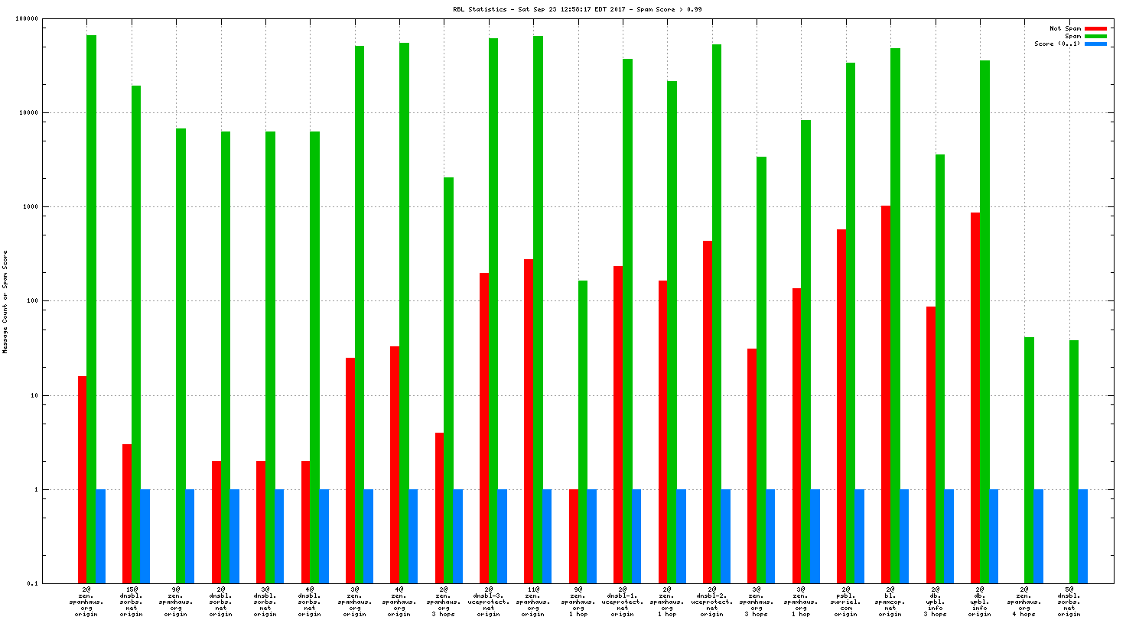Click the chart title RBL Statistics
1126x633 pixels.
[577, 9]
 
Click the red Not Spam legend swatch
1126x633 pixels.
[1095, 28]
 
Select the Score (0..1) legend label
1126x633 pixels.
[1057, 44]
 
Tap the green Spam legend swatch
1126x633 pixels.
[1095, 36]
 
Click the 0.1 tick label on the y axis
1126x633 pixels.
[32, 584]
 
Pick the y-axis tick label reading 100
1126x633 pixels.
[31, 301]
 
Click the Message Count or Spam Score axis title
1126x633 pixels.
[5, 301]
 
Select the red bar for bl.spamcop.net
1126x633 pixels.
[885, 394]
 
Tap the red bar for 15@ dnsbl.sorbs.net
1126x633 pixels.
[126, 513]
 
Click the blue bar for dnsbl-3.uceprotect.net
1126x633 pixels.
[502, 536]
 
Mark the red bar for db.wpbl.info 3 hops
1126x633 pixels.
[930, 444]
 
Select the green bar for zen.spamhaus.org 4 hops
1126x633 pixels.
[1029, 459]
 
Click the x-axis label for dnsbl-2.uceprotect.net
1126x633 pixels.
[711, 602]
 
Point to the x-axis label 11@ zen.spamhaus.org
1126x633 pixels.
[533, 602]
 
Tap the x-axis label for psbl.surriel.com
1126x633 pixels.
[845, 602]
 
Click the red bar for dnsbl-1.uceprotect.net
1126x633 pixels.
[617, 424]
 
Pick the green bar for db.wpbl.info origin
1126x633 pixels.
[984, 321]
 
